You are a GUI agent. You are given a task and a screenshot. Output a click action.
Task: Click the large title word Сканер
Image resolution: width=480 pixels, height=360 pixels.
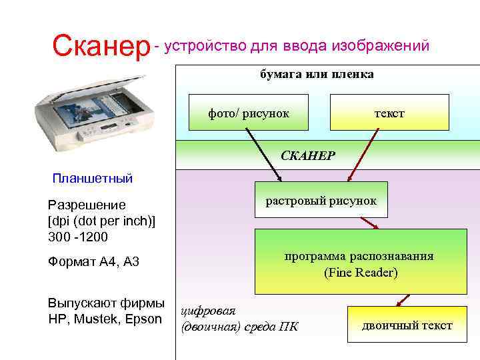coord(101,46)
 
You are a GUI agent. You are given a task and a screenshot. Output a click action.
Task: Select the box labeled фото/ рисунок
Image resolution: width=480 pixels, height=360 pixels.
coord(248,113)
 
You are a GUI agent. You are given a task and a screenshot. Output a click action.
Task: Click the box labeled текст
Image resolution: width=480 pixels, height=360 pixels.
coord(389,113)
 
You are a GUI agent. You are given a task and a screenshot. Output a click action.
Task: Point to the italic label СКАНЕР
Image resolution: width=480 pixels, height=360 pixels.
coord(308,155)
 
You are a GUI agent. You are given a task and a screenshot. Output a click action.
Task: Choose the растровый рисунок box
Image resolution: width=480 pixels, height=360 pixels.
coord(321,201)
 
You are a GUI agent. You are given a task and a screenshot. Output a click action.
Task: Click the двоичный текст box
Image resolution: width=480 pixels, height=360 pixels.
coord(407,326)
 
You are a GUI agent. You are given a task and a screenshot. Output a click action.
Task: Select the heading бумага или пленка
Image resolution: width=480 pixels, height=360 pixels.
coord(317,74)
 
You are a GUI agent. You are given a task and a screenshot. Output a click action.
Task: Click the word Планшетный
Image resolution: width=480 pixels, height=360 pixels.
coord(93,178)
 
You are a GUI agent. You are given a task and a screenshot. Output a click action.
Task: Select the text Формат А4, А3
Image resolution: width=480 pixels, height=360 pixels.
coord(93,262)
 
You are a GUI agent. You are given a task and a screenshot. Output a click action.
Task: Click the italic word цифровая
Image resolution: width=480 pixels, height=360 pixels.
coord(213,311)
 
